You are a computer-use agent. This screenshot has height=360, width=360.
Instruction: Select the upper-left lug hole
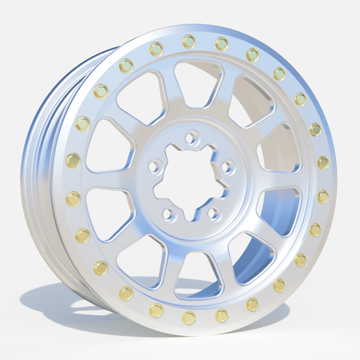click(154, 164)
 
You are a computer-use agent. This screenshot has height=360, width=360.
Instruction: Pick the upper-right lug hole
click(227, 166)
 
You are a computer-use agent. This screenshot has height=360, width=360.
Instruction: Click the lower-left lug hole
click(168, 213)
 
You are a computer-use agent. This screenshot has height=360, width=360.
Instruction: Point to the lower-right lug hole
click(214, 213)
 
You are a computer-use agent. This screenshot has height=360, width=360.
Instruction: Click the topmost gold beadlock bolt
click(189, 41)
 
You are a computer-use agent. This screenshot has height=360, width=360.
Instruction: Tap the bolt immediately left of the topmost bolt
click(156, 48)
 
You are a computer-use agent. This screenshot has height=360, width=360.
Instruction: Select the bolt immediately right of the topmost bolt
click(221, 44)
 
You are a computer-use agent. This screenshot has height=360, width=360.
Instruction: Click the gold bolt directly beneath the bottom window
click(189, 316)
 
